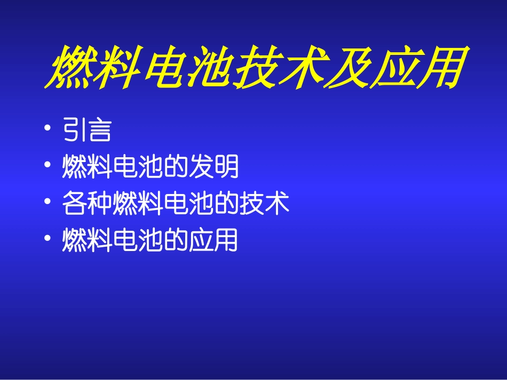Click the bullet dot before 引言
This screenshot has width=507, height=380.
49,130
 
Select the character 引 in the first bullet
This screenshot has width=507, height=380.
74,131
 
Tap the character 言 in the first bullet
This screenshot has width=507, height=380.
100,131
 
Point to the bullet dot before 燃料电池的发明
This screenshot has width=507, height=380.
49,166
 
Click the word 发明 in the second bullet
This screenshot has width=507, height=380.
213,167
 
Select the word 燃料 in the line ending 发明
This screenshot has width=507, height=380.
87,167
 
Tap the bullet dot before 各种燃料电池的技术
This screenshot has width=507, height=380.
49,203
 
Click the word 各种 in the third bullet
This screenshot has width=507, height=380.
87,203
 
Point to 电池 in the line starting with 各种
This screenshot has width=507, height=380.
188,203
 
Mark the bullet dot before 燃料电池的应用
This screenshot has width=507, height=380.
49,239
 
